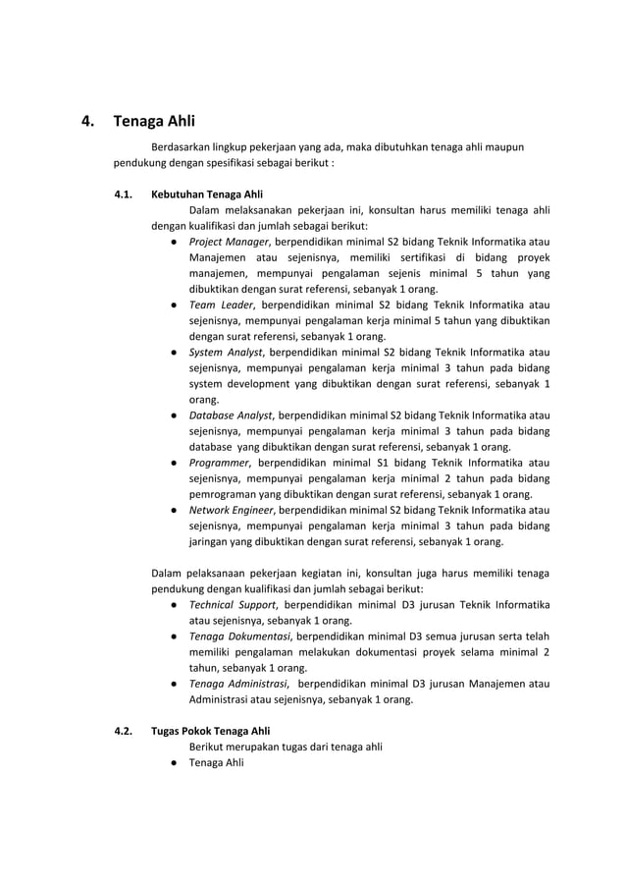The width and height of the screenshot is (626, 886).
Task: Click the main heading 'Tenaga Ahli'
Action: [154, 123]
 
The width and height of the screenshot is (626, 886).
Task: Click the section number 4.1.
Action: [124, 193]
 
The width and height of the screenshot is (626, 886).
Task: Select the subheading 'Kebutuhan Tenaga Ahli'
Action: [207, 193]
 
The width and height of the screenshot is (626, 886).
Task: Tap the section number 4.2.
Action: [124, 730]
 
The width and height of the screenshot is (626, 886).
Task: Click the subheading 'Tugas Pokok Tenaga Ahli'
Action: [211, 730]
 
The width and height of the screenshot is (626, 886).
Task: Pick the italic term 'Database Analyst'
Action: [230, 415]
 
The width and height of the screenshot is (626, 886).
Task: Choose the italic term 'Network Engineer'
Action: [232, 510]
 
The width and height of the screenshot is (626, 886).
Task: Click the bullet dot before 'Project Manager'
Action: [172, 241]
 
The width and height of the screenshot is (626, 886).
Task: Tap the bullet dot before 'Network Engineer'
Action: [172, 510]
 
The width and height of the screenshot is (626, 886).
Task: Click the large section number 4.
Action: [88, 123]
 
